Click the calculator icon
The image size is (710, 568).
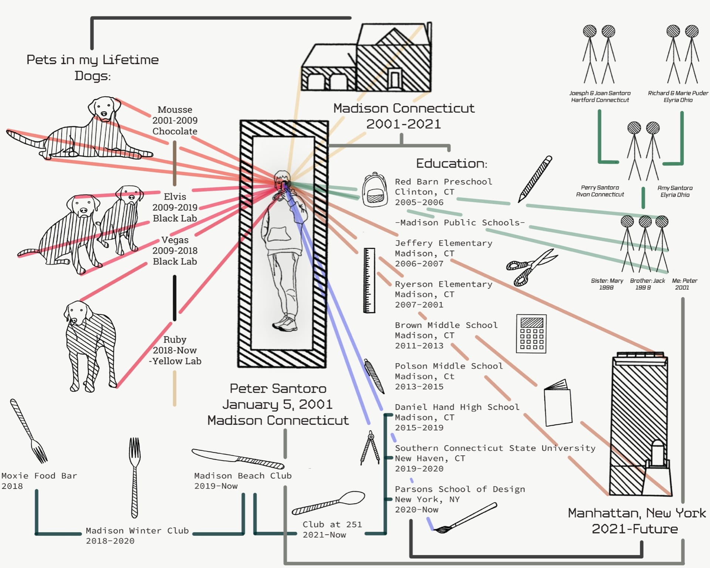531,334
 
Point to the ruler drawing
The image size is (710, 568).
369,281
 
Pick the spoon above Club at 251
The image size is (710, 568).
329,503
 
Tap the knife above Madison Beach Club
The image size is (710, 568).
238,459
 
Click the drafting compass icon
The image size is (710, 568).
370,448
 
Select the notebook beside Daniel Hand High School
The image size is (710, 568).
558,403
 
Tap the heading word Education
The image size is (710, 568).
452,163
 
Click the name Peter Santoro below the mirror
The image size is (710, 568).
278,389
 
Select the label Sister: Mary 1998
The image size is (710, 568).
607,284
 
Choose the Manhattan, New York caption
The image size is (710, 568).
636,513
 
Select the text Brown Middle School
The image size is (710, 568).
446,325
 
